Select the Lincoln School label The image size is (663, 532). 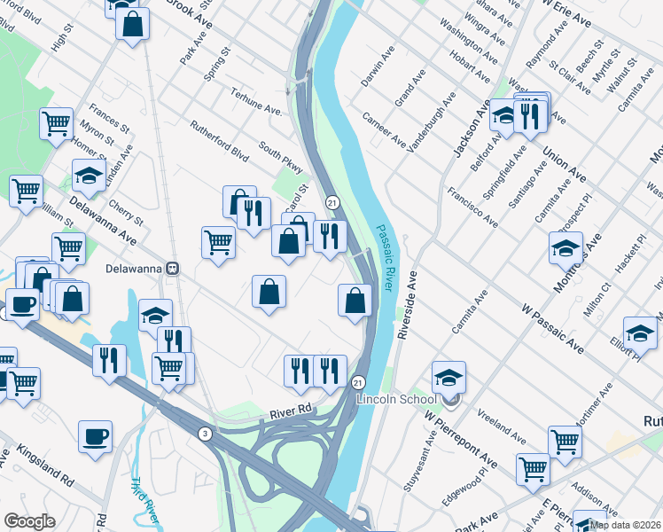[x=398, y=399]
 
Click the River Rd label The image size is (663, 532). [x=292, y=409]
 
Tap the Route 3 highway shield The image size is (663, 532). [x=204, y=433]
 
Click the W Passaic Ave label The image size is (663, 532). [x=553, y=328]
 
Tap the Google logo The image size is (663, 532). [x=29, y=521]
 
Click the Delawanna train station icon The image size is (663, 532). [x=175, y=268]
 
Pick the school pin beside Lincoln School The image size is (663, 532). [x=449, y=378]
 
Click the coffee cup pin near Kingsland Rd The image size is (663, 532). [x=95, y=436]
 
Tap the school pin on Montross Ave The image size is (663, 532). [x=565, y=249]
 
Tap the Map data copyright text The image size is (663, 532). [x=626, y=525]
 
